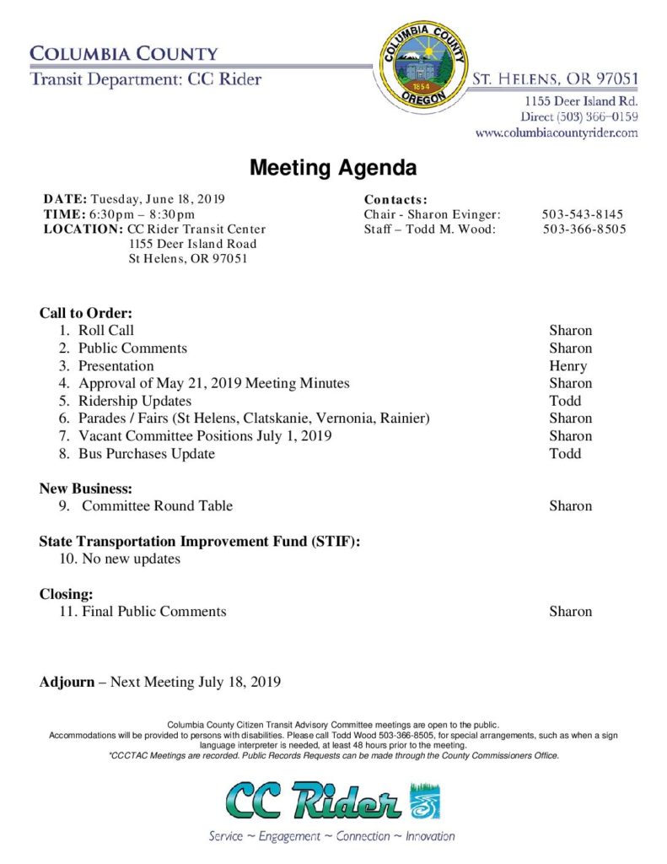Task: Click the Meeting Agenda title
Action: tap(333, 168)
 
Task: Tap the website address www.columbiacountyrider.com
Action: tap(557, 132)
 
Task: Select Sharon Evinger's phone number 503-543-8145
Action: tap(583, 214)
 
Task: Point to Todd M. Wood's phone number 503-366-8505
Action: tap(584, 229)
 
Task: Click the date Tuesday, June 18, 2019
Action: tap(158, 199)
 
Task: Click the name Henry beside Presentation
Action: tap(567, 366)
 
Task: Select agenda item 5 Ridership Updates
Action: tap(135, 401)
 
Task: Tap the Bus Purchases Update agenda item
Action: tap(147, 454)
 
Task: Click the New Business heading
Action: tap(85, 489)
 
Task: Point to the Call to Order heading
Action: tap(86, 313)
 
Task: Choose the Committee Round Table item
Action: tap(157, 506)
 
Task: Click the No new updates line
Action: tap(131, 559)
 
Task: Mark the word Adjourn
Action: tap(67, 682)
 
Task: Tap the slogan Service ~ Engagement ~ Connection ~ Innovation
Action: tap(332, 837)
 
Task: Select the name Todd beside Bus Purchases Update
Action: tap(565, 454)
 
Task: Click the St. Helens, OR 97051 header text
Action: tap(554, 79)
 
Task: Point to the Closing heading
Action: tap(66, 594)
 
